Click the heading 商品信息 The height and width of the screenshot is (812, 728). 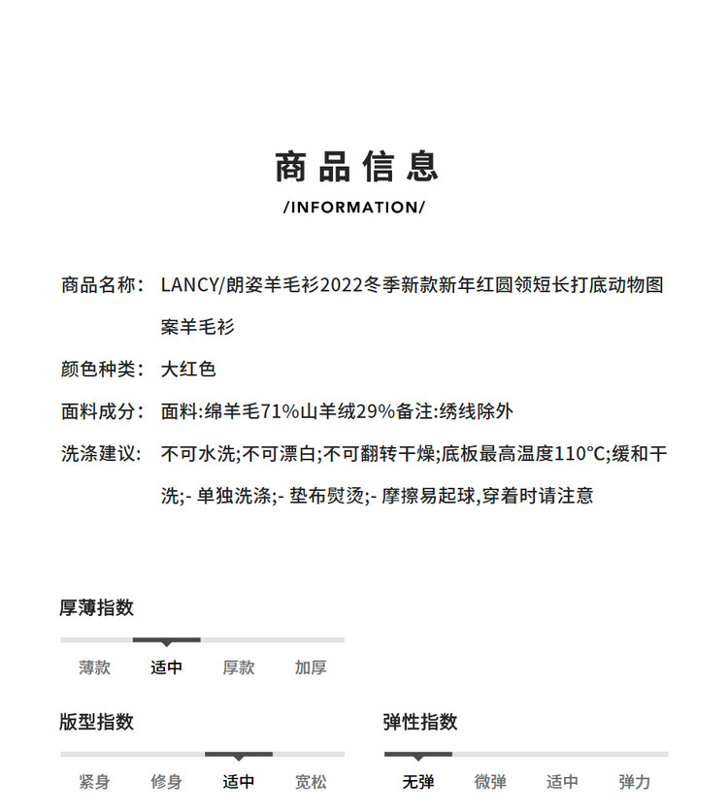(356, 167)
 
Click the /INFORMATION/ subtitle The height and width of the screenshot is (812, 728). (354, 207)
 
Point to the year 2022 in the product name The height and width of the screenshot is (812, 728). (340, 285)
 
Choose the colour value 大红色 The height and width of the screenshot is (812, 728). (188, 369)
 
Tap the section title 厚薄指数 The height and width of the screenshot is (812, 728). (96, 607)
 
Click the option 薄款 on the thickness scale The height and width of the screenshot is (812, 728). (95, 667)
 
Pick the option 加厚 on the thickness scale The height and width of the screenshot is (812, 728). (311, 667)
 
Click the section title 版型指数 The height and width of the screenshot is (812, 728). (96, 722)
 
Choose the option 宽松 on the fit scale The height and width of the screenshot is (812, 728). (311, 782)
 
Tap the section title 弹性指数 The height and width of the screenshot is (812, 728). (420, 722)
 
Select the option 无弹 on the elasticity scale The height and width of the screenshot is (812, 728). (418, 782)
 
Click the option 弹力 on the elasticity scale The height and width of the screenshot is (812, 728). (635, 782)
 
